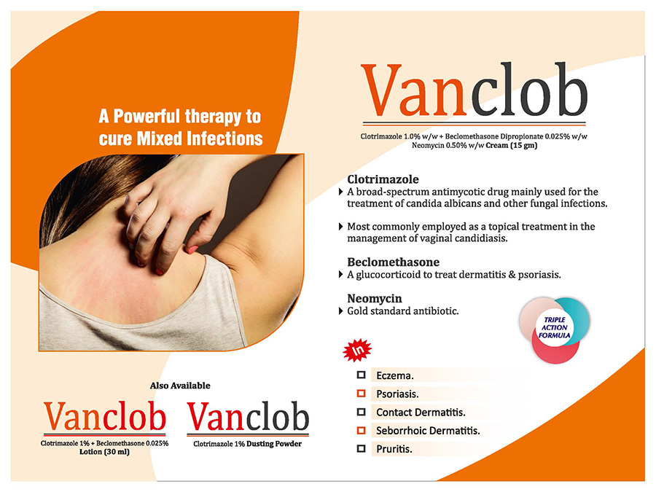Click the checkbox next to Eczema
coord(361,375)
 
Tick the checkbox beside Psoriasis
coord(361,394)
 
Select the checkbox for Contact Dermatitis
coord(361,412)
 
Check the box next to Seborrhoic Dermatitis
coord(361,430)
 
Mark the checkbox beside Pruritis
coord(361,448)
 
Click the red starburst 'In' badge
coord(357,350)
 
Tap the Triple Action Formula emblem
coord(555,329)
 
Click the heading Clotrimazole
coord(383,179)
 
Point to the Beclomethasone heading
coord(394,262)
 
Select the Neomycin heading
coord(375,298)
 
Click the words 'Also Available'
coord(180,386)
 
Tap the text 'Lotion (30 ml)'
coord(104,452)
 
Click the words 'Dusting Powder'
coord(274,444)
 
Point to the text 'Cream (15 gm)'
coord(511,145)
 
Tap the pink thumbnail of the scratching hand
coord(192,250)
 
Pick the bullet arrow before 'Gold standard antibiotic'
coord(340,311)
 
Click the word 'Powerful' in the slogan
coord(147,117)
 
